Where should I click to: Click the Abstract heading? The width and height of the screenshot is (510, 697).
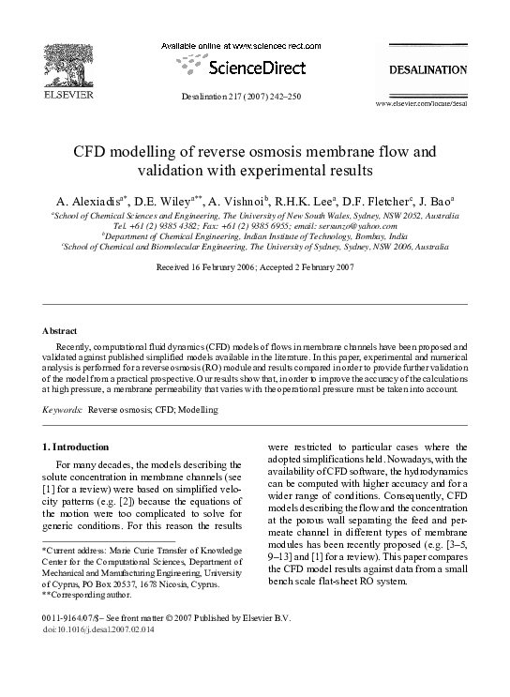pos(60,331)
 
